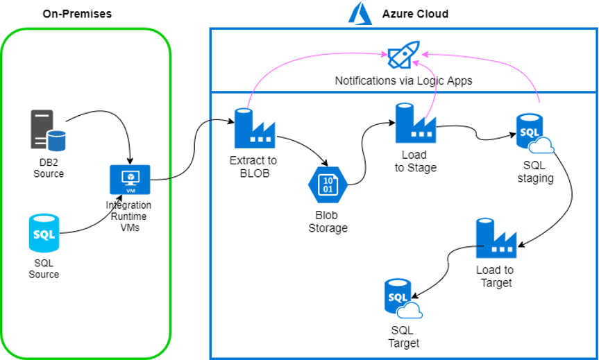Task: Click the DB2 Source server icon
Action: [x=48, y=129]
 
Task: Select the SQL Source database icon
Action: [x=43, y=233]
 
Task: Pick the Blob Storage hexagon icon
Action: [x=327, y=185]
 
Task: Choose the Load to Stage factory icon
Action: [x=414, y=123]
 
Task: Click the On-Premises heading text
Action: [x=76, y=14]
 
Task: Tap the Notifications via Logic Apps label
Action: [x=403, y=80]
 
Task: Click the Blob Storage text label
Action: [x=327, y=221]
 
